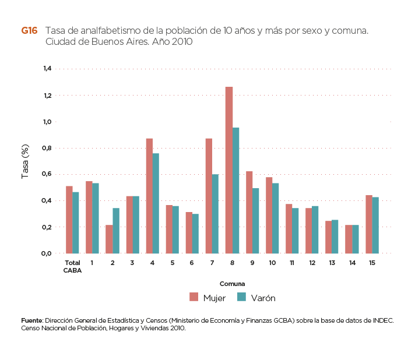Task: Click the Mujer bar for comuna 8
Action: tap(229, 170)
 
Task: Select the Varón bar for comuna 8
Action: tap(236, 190)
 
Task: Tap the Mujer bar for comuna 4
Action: tap(149, 196)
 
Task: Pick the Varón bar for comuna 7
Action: tap(216, 214)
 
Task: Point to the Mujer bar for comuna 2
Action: tap(109, 239)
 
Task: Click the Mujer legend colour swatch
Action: tap(194, 298)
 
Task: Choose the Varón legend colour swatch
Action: tap(241, 298)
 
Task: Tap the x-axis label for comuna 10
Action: tap(272, 263)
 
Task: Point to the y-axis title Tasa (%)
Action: tap(26, 161)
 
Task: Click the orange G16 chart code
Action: tap(29, 31)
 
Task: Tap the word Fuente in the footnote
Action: tap(31, 321)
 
